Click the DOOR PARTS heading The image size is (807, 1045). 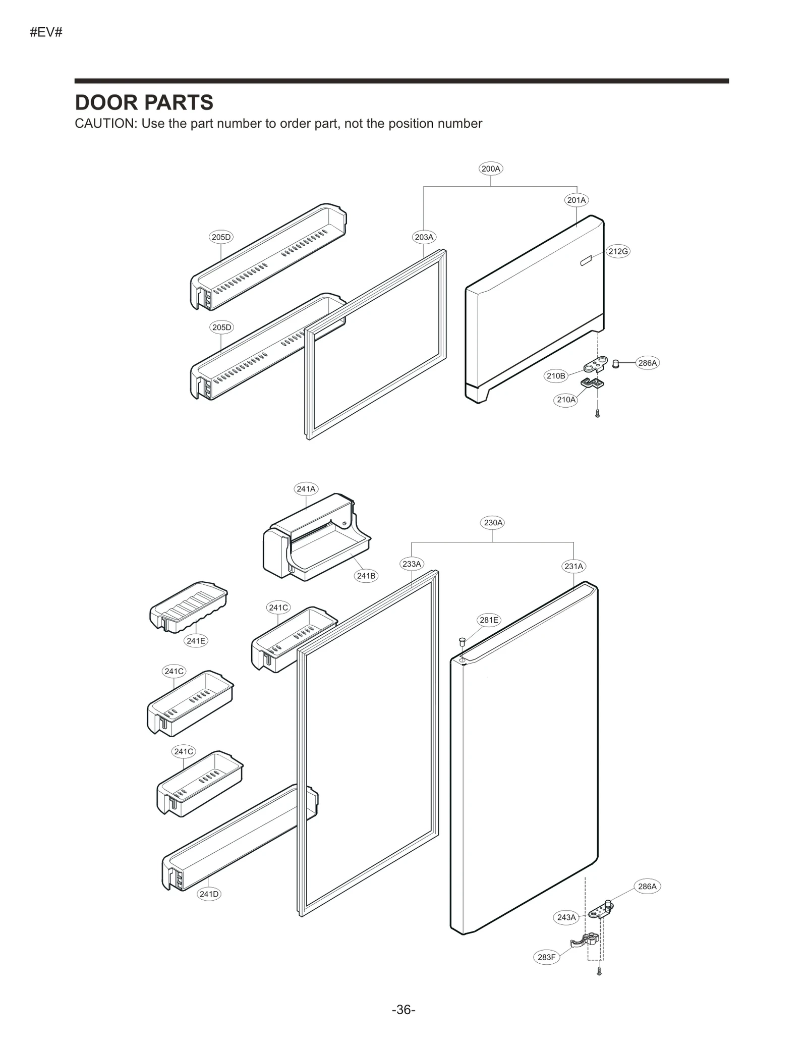tap(144, 103)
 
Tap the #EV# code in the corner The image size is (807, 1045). tap(46, 33)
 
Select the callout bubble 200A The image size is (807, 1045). tap(490, 169)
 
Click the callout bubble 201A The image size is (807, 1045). tap(576, 200)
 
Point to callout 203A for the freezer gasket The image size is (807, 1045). tap(424, 237)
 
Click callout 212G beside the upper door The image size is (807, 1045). tap(618, 251)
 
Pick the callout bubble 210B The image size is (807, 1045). tap(556, 375)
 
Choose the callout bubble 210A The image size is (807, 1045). tap(565, 400)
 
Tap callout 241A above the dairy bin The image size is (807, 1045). tap(306, 488)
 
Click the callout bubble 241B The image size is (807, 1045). tap(366, 575)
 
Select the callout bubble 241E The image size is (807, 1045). tap(196, 641)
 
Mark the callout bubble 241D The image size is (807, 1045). tap(209, 894)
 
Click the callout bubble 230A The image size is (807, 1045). tap(493, 522)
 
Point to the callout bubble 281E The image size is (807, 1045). tap(488, 620)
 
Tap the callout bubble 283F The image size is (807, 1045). tap(546, 957)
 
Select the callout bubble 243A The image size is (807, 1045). tap(566, 917)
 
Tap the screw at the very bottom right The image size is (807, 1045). tap(599, 970)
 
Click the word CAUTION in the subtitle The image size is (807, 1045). tap(103, 124)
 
